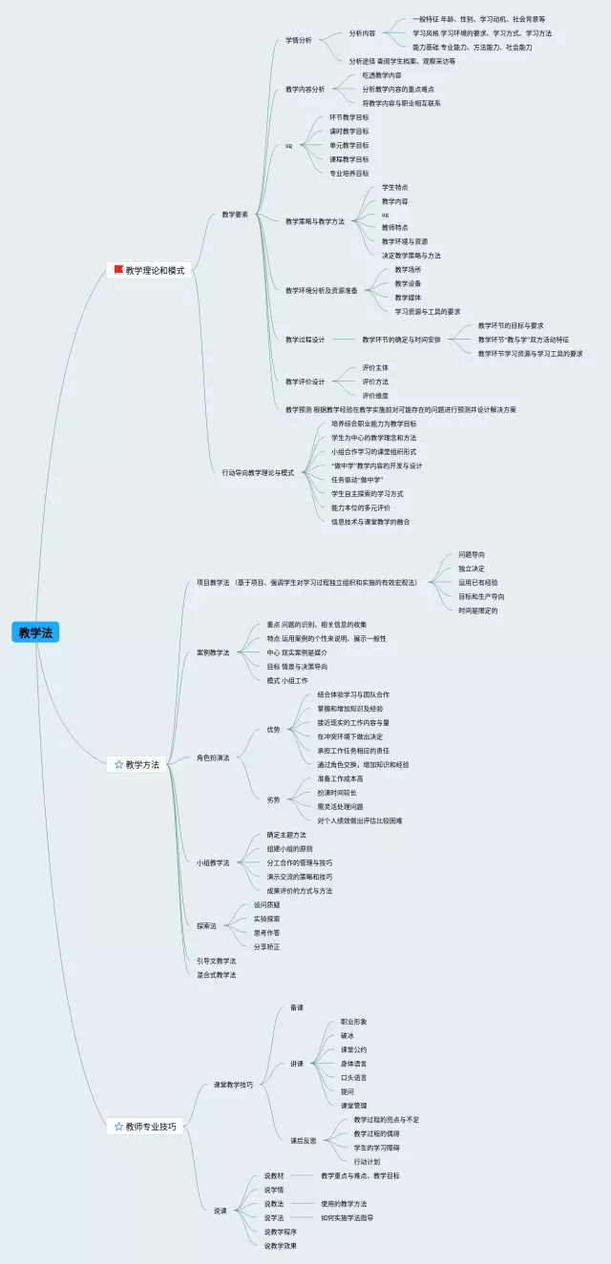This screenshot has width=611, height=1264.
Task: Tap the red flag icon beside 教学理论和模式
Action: tap(118, 270)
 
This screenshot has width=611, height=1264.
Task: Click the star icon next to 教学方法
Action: tap(118, 764)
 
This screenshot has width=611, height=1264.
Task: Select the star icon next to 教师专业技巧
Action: tap(118, 1099)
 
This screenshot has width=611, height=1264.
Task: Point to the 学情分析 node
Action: tap(299, 40)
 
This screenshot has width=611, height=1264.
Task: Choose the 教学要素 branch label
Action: tap(235, 215)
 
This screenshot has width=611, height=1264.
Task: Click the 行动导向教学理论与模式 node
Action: tap(258, 472)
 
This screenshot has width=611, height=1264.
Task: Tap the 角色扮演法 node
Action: tap(213, 757)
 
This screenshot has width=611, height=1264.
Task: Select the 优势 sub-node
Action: tap(274, 730)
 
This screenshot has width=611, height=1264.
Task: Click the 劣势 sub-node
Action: tap(274, 799)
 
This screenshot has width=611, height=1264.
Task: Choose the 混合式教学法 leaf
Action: tap(216, 975)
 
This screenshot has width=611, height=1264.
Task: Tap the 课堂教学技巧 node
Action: tap(233, 1085)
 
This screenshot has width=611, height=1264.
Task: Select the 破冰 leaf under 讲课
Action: tap(348, 1035)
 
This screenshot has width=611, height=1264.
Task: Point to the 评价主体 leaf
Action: tap(375, 367)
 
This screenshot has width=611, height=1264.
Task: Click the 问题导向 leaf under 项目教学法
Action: tap(472, 554)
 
